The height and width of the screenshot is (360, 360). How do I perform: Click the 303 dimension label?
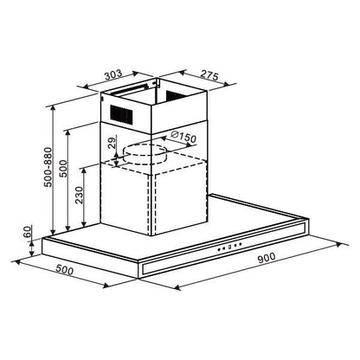coord(113,74)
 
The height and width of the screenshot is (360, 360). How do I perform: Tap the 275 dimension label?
coord(209,75)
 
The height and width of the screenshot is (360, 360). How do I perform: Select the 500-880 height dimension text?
coord(48,167)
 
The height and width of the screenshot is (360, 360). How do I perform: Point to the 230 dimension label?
coord(79,195)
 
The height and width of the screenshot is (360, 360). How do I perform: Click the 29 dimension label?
coord(112,143)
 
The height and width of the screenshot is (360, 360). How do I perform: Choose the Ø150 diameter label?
coord(183,137)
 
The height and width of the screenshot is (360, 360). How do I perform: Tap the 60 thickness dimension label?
coord(27,232)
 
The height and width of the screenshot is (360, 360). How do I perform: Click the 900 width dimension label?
coord(267,257)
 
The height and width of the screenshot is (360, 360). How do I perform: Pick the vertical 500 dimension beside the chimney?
coord(63,169)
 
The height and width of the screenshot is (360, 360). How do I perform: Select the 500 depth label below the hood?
coord(64,270)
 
